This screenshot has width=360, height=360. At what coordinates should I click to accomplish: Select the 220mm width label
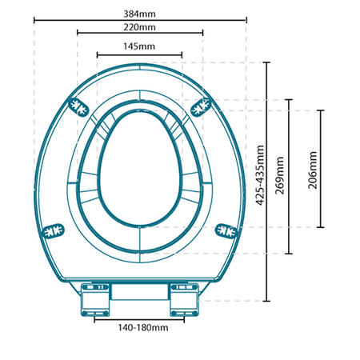click(x=139, y=26)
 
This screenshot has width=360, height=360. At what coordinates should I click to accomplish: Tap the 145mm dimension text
click(x=139, y=46)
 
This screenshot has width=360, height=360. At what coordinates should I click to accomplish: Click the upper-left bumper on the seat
click(x=77, y=106)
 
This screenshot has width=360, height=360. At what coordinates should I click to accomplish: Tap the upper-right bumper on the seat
click(x=202, y=106)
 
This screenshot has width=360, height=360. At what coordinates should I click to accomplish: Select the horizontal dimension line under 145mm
click(x=139, y=55)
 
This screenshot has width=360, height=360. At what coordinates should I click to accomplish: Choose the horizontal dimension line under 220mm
click(x=139, y=34)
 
